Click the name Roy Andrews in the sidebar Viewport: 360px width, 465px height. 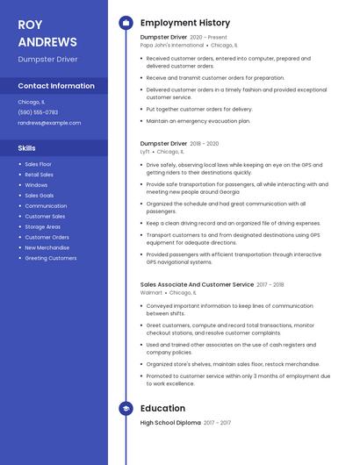(47, 32)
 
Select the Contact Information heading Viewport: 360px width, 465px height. (56, 86)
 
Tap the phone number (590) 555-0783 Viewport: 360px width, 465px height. (38, 112)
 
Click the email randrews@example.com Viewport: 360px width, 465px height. (49, 123)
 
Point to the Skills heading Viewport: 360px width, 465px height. (26, 148)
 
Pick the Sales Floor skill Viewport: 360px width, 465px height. (38, 164)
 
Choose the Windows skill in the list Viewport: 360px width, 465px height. (36, 185)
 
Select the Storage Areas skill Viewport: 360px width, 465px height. (42, 227)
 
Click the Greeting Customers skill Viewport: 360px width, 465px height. (50, 258)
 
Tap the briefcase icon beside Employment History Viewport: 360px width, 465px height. (126, 23)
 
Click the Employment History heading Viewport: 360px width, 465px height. (184, 23)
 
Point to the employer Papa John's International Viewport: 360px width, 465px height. (172, 45)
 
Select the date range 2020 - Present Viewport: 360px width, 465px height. (208, 38)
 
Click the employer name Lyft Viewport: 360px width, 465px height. (145, 151)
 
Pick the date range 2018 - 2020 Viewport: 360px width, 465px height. (205, 143)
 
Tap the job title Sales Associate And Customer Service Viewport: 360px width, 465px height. (197, 284)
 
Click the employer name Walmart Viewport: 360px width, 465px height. (151, 292)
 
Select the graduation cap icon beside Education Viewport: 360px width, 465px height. (126, 408)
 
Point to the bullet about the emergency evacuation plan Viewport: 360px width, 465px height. (198, 121)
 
